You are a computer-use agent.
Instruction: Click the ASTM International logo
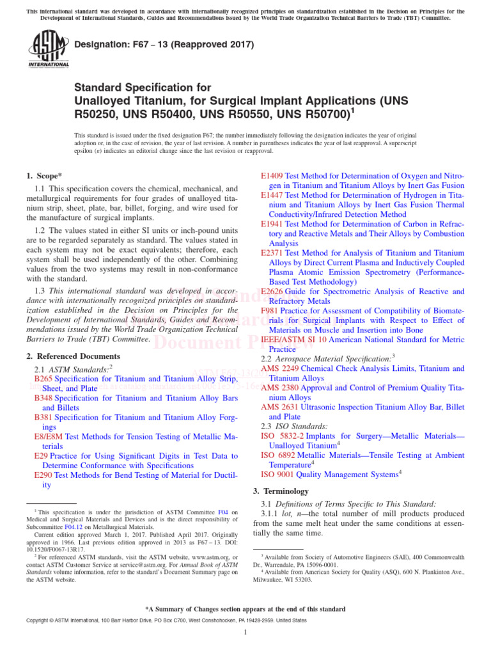pos(49,50)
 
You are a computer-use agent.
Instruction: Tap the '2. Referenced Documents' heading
pos(73,356)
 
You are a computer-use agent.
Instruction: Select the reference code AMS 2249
pos(279,369)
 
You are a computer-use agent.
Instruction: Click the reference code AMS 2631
pos(279,407)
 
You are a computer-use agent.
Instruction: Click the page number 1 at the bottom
pos(245,633)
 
